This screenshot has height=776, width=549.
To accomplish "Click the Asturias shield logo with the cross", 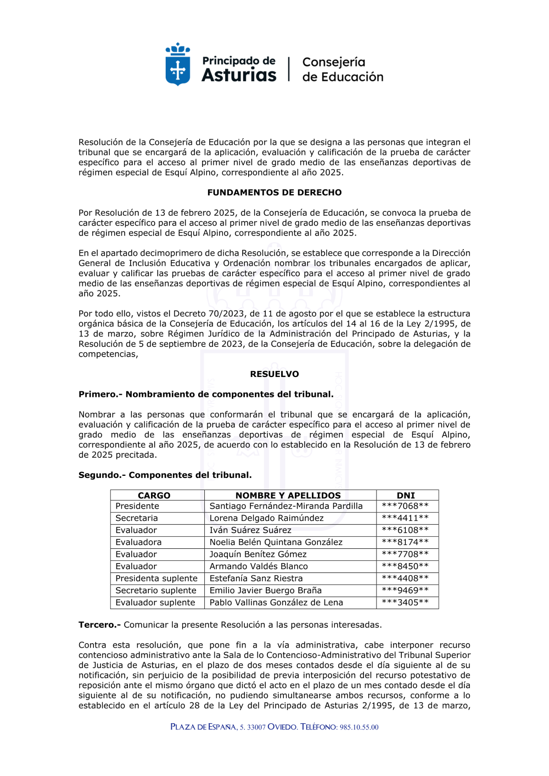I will (x=177, y=65).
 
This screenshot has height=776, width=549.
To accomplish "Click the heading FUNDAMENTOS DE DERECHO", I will (x=274, y=193).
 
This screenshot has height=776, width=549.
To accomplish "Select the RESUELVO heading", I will (x=274, y=374).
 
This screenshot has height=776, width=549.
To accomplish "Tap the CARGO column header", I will (x=154, y=496).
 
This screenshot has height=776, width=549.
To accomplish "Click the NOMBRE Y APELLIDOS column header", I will (x=288, y=496).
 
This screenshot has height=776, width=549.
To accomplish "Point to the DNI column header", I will (x=406, y=496).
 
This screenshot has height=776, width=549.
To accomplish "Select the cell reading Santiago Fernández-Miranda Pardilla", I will (x=286, y=506).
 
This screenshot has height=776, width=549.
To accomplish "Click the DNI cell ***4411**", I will (x=405, y=518).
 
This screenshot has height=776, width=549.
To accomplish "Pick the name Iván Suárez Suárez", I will (x=250, y=530).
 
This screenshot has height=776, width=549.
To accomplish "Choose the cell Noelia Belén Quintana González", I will (x=276, y=542).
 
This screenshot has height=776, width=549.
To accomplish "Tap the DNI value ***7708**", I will (x=405, y=554).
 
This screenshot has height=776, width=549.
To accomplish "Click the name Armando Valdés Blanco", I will (x=259, y=566).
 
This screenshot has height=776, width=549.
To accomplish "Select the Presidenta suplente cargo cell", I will (x=156, y=578).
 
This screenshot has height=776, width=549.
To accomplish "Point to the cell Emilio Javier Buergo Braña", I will (x=266, y=591).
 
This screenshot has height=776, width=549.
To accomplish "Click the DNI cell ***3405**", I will (x=405, y=603).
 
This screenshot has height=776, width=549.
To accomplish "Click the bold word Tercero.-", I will (x=99, y=625).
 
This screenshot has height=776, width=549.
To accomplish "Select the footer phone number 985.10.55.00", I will (x=359, y=727).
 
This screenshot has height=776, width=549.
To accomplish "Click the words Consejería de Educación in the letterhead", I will (x=343, y=70).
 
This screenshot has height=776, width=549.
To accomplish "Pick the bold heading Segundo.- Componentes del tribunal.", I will (x=165, y=475).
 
